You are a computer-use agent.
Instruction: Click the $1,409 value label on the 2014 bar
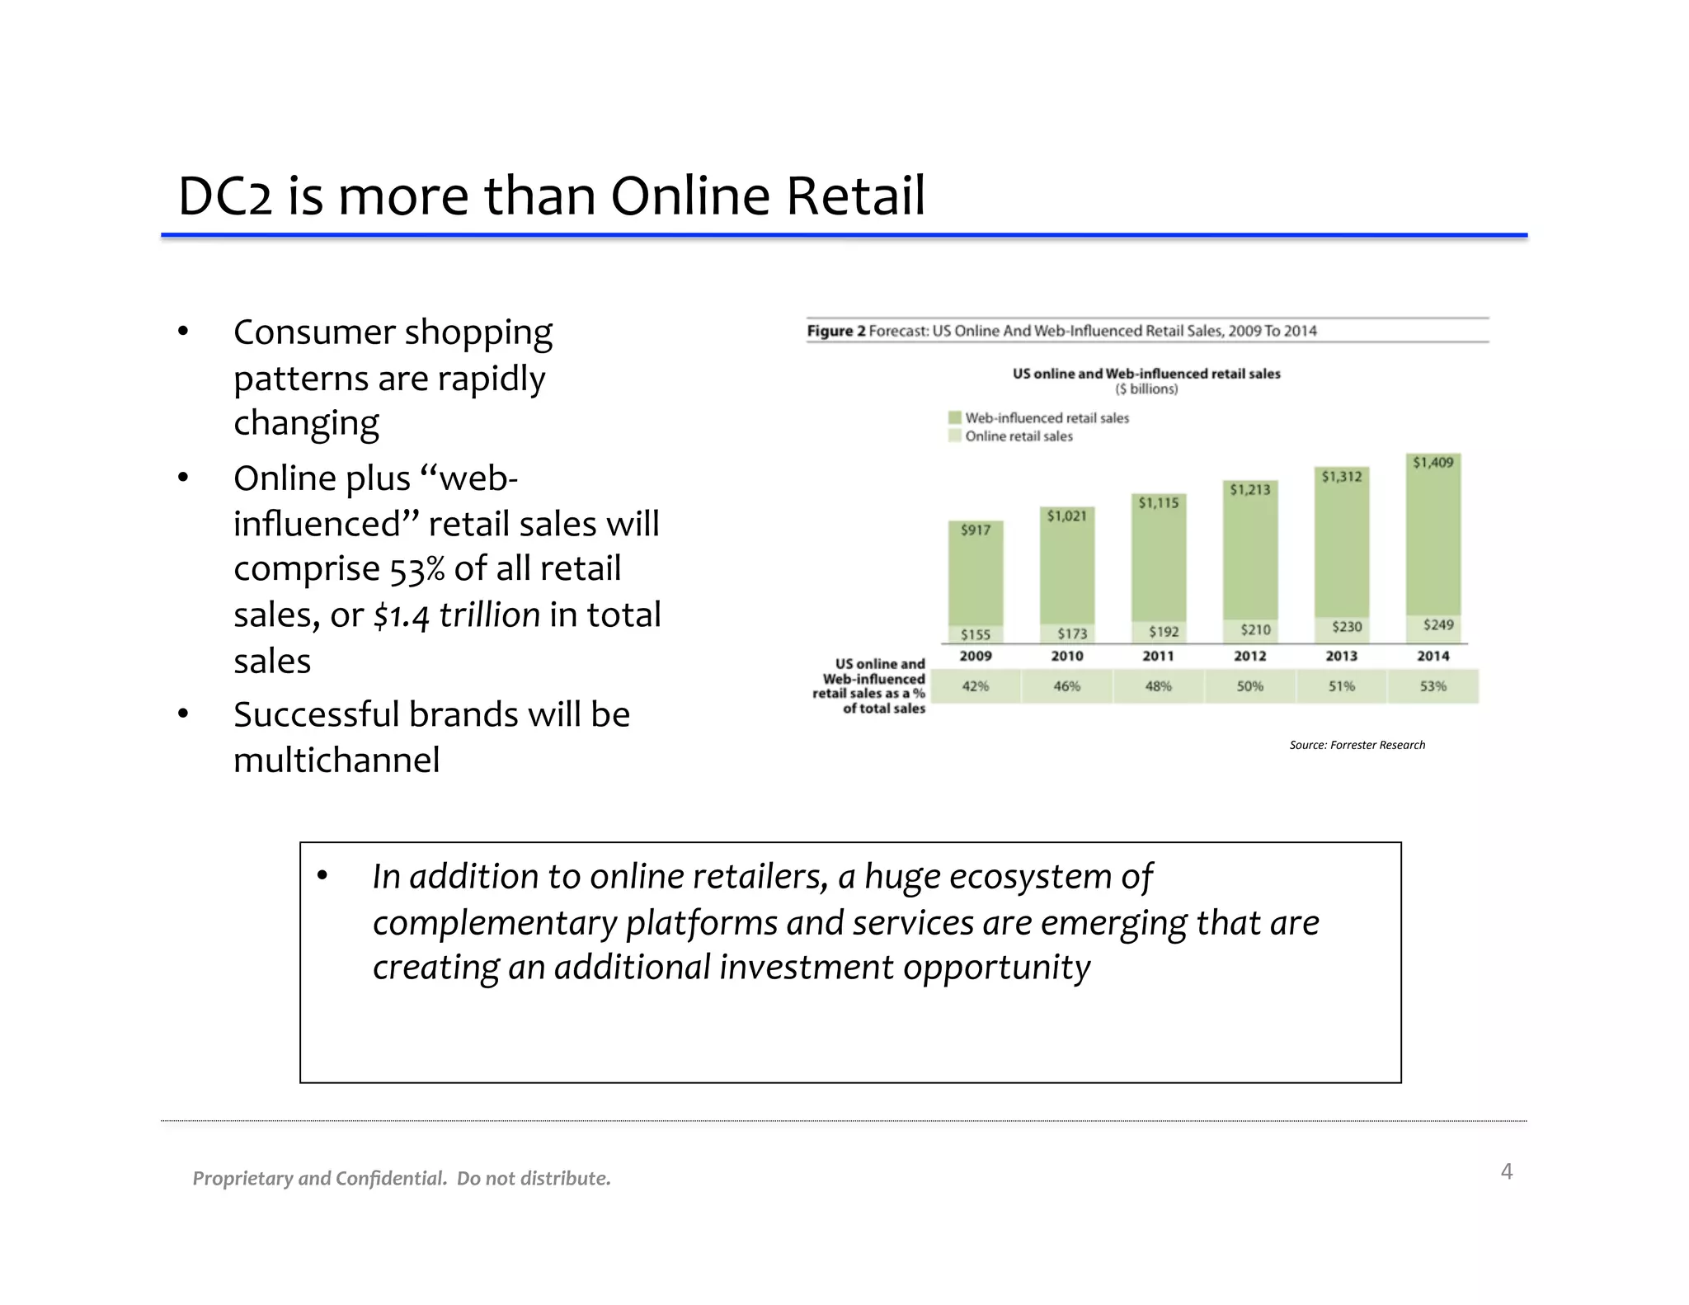click(x=1433, y=463)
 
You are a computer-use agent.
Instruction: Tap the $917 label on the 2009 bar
click(x=976, y=530)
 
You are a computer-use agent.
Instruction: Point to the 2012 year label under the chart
click(x=1249, y=656)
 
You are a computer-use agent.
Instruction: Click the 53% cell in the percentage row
click(x=1433, y=686)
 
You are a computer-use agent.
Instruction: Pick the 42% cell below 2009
click(x=976, y=686)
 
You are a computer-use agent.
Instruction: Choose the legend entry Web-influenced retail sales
click(x=1047, y=418)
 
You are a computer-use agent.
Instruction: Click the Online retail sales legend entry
click(x=1019, y=436)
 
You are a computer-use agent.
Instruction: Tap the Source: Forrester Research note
click(x=1357, y=745)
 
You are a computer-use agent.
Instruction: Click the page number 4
click(x=1506, y=1171)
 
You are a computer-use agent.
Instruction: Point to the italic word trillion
click(x=489, y=615)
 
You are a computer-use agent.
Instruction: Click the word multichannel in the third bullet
click(x=336, y=760)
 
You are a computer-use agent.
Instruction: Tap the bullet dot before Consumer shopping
click(x=183, y=332)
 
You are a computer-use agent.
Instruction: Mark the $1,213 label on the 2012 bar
click(x=1249, y=490)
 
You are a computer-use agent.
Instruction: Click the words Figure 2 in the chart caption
click(x=835, y=331)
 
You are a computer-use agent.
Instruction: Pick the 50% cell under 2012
click(x=1249, y=686)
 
